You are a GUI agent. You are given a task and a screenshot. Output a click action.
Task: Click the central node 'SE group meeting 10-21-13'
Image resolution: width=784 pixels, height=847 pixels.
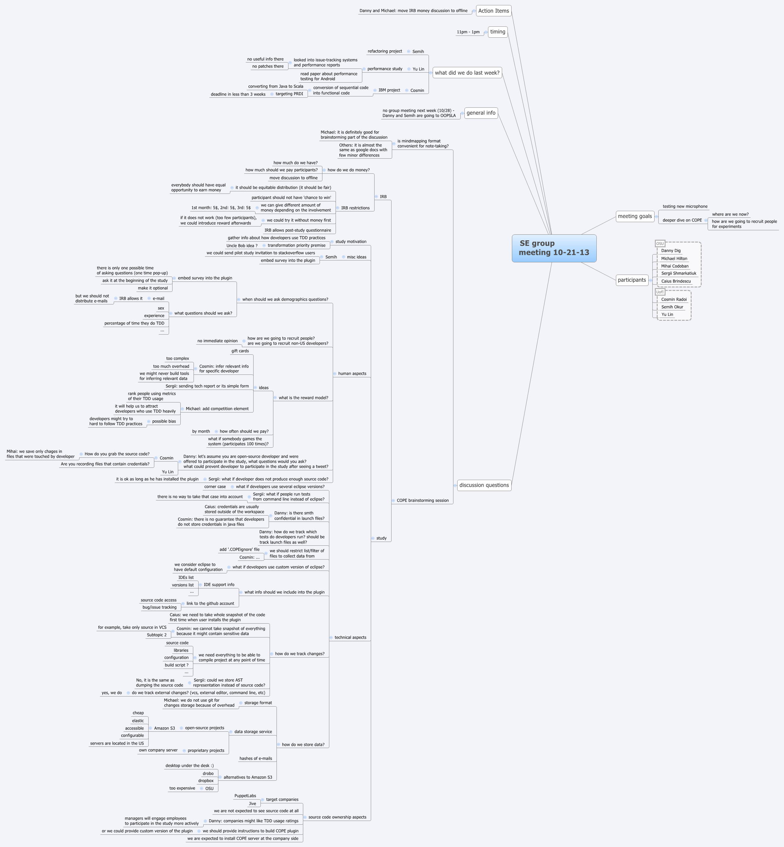554,248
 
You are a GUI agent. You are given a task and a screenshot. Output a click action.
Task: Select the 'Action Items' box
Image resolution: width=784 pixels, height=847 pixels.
493,11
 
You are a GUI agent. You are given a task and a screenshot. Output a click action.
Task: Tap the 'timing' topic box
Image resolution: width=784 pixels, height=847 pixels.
498,32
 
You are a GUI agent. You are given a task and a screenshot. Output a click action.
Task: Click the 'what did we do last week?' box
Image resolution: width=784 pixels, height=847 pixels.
467,73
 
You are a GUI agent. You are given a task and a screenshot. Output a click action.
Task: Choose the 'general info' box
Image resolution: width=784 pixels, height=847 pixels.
481,113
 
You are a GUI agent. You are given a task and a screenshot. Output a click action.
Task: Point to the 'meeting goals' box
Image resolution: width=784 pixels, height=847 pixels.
635,216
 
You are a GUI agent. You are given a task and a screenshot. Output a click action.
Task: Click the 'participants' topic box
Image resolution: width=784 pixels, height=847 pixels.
632,280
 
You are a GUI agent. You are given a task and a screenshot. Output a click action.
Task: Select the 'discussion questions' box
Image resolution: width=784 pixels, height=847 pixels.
484,485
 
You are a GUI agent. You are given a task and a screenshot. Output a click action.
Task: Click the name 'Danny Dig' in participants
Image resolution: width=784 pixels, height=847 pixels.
671,251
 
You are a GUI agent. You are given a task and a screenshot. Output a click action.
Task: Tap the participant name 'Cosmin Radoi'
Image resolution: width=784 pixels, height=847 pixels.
674,299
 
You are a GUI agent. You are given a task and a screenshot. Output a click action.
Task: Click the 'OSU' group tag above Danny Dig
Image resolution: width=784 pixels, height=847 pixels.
660,244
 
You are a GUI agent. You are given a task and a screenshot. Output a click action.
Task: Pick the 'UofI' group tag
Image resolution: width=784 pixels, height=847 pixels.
660,292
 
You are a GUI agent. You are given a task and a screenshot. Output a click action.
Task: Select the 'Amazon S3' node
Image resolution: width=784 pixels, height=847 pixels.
164,728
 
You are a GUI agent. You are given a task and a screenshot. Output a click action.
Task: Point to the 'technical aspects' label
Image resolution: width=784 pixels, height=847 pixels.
350,637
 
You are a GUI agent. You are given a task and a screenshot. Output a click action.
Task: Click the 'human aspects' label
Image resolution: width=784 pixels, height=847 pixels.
352,374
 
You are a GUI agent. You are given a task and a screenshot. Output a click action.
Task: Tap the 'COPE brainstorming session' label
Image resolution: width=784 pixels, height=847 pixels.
423,500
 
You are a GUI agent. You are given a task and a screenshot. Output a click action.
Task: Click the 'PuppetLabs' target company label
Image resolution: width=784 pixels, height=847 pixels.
245,796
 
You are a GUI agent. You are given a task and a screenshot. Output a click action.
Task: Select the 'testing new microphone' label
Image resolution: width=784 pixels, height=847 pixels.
685,206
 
